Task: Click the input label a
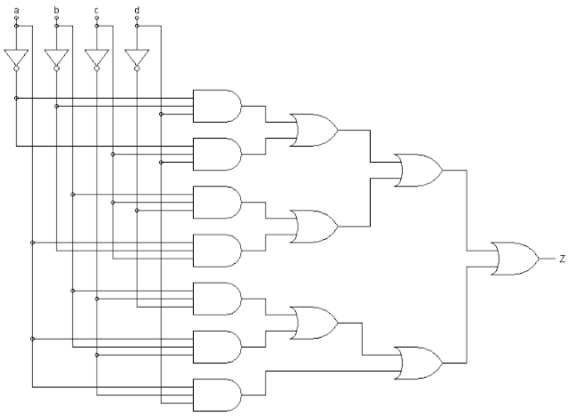pyautogui.click(x=16, y=10)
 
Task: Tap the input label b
pyautogui.click(x=56, y=10)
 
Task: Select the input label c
pyautogui.click(x=96, y=10)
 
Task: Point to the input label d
pyautogui.click(x=136, y=10)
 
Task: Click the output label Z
pyautogui.click(x=561, y=260)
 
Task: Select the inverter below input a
pyautogui.click(x=16, y=58)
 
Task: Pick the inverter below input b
pyautogui.click(x=56, y=58)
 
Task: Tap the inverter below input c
pyautogui.click(x=96, y=58)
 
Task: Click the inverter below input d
pyautogui.click(x=136, y=58)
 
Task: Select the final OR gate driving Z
pyautogui.click(x=515, y=260)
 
